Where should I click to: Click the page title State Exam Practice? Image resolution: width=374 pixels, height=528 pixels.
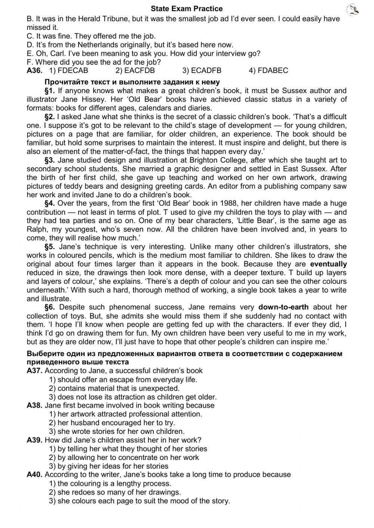coord(187,9)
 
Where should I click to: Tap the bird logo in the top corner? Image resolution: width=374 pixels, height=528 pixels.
coord(353,10)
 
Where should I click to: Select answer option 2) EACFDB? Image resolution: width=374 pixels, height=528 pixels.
coord(135,71)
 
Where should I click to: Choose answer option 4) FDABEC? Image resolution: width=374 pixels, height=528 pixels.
coord(269,71)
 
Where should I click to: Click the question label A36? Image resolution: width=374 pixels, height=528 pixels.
coord(34,71)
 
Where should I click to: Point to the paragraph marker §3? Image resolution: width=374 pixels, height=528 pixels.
coord(50,160)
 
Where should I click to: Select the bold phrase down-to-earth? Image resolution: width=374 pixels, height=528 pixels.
coord(283,307)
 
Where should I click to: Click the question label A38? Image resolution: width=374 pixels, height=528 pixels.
coord(34,405)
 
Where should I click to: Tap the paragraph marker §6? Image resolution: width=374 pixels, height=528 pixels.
coord(50,307)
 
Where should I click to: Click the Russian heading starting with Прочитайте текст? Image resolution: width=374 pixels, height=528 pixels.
coord(132,82)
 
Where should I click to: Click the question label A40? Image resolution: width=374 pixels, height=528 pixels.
coord(34,475)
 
